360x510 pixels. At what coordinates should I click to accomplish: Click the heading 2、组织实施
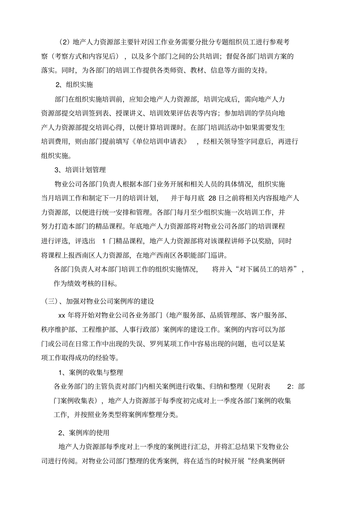(x=74, y=85)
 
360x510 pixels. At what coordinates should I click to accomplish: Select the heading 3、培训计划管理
(x=80, y=169)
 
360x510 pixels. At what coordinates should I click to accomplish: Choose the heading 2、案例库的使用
(x=84, y=433)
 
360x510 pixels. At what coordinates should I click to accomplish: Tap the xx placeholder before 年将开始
(x=62, y=315)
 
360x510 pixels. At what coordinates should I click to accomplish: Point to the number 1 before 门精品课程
(x=104, y=241)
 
